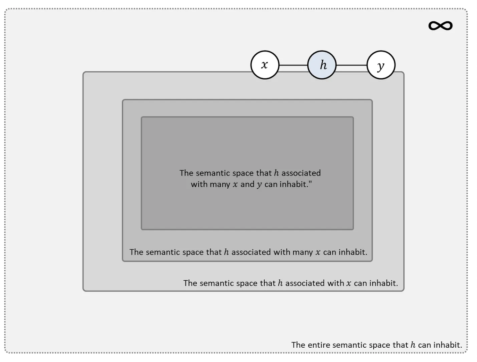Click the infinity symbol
click(440, 25)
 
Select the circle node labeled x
click(265, 65)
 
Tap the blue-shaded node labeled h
click(322, 65)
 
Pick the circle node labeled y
click(381, 65)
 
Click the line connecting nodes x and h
click(293, 65)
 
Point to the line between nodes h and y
click(351, 65)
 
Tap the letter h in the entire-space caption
click(413, 345)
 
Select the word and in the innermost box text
click(247, 184)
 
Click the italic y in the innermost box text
click(259, 185)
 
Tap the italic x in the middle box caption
click(318, 252)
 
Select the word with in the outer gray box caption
click(336, 283)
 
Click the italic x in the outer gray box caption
click(348, 284)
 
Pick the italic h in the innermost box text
click(276, 173)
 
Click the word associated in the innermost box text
click(301, 173)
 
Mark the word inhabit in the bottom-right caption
click(448, 345)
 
